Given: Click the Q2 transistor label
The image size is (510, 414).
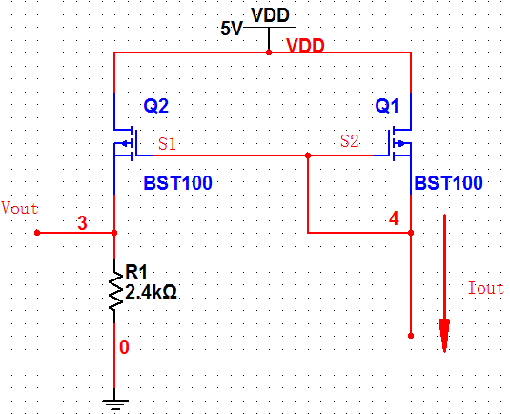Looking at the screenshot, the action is [x=156, y=106].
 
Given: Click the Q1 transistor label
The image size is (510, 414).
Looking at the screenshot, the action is [x=387, y=106].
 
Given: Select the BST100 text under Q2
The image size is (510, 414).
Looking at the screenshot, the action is [x=178, y=183].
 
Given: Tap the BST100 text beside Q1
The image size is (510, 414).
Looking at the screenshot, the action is [x=449, y=183].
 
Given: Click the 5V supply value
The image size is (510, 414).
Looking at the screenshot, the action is [x=232, y=29].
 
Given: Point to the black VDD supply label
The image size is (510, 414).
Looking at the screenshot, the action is [x=270, y=15].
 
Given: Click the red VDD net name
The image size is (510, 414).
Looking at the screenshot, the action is [x=305, y=45].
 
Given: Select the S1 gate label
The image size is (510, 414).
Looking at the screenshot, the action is [x=167, y=143].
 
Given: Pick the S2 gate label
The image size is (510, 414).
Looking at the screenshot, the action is [x=350, y=141].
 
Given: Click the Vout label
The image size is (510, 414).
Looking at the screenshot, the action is [x=19, y=208].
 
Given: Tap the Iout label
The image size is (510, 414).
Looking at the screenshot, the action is [x=486, y=288].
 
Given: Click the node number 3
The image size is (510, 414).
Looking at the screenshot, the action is [x=82, y=223].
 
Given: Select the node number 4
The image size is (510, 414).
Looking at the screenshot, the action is [x=394, y=218].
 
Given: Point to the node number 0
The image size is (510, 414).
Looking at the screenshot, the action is [x=124, y=347].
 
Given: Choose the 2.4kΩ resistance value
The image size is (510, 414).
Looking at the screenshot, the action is [x=151, y=292].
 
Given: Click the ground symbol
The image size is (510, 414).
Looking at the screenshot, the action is [x=114, y=404].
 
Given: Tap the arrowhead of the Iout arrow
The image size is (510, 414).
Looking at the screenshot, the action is [x=444, y=335].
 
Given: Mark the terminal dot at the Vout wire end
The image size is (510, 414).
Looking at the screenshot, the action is [x=37, y=233].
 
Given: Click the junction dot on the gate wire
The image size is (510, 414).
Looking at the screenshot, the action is [x=308, y=155].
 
